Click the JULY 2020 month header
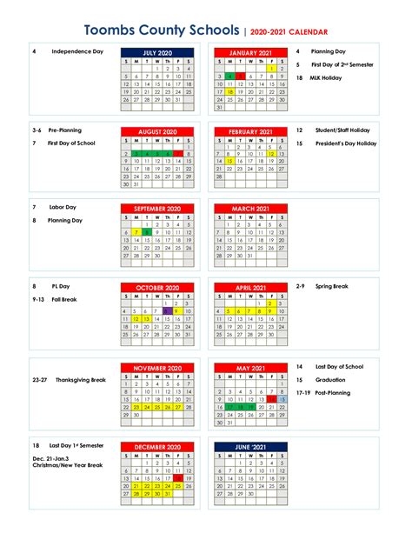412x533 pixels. tap(158, 53)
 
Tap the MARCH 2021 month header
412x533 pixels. tap(250, 209)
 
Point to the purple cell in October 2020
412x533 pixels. tap(168, 310)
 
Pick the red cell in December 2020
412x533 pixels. tap(177, 476)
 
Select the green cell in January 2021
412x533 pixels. tap(229, 77)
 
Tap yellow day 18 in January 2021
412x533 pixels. tap(229, 91)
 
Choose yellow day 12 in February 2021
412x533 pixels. tap(273, 153)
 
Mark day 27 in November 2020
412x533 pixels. tap(177, 406)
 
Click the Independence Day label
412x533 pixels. tap(77, 52)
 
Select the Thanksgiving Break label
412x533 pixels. tap(79, 380)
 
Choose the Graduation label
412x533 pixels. tap(331, 380)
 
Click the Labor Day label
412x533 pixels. tap(61, 208)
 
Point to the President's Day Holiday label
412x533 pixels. tap(347, 143)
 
